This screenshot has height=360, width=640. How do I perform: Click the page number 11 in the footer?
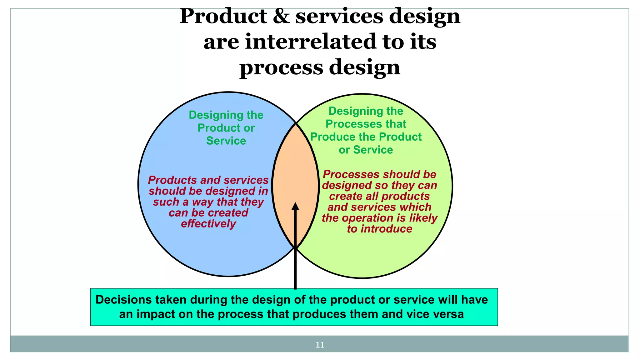click(320, 345)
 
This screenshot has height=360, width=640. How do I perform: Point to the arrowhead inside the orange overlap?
click(295, 207)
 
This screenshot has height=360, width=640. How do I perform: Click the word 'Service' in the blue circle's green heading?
click(226, 141)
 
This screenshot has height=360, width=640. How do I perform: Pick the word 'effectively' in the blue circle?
click(208, 224)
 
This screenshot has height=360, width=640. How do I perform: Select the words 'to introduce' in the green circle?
click(379, 229)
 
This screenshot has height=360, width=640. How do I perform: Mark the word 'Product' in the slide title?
click(223, 16)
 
